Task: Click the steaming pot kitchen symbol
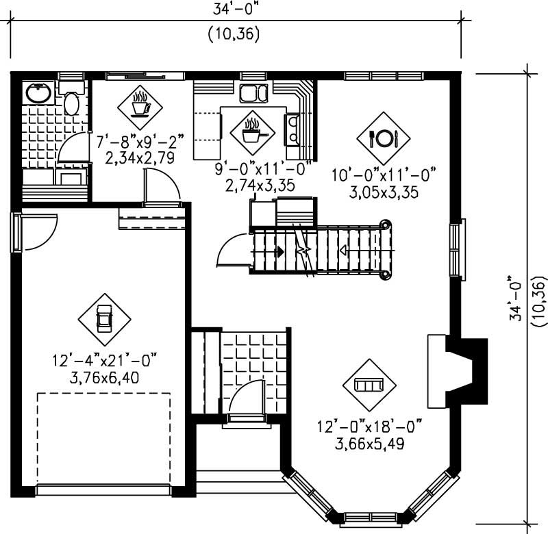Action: coord(251,131)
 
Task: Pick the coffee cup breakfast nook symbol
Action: coord(141,105)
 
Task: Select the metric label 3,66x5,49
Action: coord(370,443)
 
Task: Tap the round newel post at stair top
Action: coord(386,224)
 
